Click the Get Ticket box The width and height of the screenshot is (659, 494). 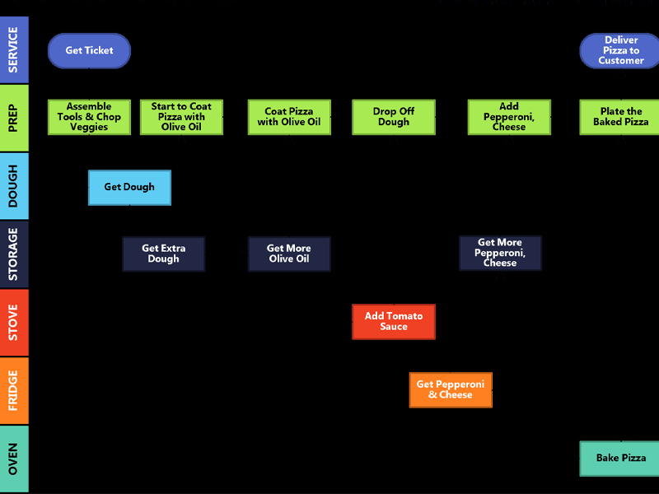(x=89, y=50)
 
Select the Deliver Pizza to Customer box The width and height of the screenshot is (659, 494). (x=621, y=50)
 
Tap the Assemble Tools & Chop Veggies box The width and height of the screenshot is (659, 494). (x=89, y=117)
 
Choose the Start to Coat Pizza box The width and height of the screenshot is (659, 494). (x=181, y=117)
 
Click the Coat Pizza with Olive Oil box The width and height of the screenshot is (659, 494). (x=289, y=117)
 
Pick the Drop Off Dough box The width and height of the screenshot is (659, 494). (x=393, y=117)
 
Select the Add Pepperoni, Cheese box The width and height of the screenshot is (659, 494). (x=509, y=117)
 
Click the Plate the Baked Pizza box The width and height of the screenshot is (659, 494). (x=621, y=117)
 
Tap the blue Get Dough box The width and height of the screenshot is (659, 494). (x=129, y=187)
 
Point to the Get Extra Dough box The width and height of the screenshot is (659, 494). (x=163, y=254)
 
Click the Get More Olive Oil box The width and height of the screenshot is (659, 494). (x=289, y=254)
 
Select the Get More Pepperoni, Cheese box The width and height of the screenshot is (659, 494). (x=500, y=253)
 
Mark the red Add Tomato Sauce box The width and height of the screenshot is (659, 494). (x=394, y=321)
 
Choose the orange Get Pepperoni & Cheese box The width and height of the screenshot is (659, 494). (x=451, y=389)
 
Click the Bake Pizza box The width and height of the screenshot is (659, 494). (x=621, y=458)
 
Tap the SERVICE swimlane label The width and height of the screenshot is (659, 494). (x=14, y=49)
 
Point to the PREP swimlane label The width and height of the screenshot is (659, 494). (x=14, y=118)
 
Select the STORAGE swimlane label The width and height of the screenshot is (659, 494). (x=14, y=254)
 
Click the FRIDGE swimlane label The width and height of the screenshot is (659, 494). (x=14, y=390)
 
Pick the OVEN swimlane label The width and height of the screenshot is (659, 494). (x=14, y=459)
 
